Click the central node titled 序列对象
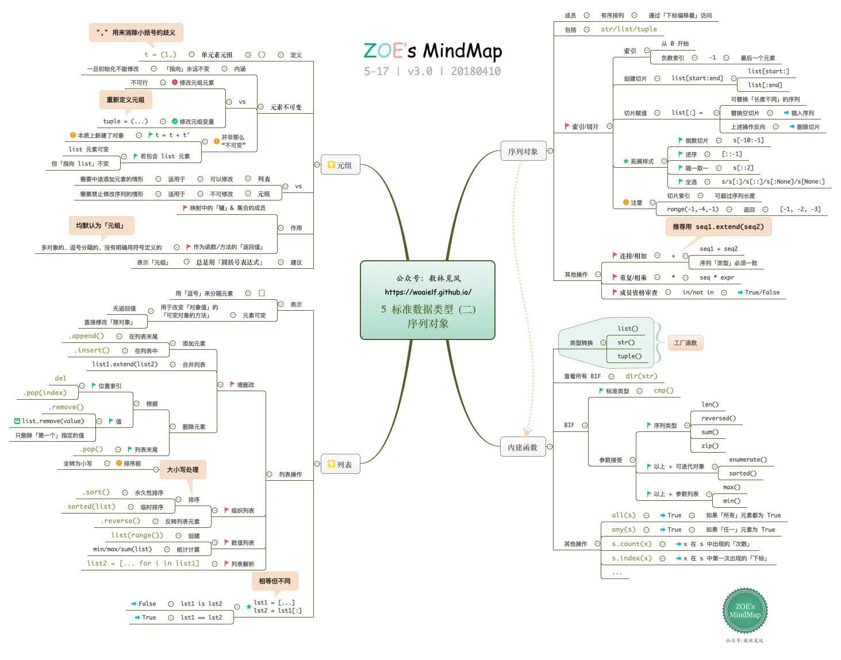click(427, 300)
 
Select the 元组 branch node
click(340, 165)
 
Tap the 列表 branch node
click(340, 464)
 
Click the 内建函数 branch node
click(523, 447)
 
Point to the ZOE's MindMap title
click(432, 51)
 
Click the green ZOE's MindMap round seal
click(744, 611)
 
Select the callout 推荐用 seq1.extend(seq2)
click(718, 227)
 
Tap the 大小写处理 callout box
click(182, 470)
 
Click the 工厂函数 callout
click(685, 343)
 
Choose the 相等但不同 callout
click(274, 581)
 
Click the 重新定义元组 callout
click(125, 100)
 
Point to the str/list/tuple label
click(628, 29)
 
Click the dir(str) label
click(641, 376)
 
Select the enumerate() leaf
click(747, 460)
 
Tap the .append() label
click(87, 336)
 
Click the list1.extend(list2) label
click(125, 364)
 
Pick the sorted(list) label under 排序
click(91, 507)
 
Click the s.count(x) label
click(631, 544)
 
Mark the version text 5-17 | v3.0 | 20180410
click(432, 71)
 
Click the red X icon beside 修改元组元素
click(175, 83)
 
